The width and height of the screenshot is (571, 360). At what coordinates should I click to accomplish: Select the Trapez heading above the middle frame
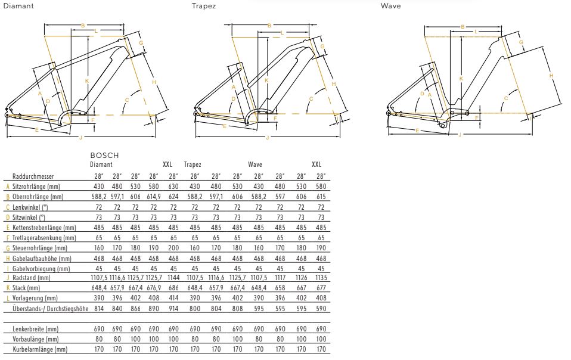tap(204, 7)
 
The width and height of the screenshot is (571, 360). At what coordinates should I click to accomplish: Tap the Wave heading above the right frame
tap(390, 7)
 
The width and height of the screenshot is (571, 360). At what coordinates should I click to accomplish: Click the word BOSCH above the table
tap(103, 156)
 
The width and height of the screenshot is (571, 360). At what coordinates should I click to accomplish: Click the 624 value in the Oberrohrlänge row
tap(173, 196)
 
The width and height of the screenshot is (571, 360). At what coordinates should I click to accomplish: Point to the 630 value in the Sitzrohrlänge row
tap(173, 186)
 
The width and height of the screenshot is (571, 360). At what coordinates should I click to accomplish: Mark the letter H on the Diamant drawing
tap(154, 81)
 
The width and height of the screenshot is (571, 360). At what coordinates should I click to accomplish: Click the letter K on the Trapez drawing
tap(266, 80)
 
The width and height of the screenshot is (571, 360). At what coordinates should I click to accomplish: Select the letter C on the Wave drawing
tap(506, 98)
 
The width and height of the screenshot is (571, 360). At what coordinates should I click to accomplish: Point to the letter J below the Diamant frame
tap(81, 138)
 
